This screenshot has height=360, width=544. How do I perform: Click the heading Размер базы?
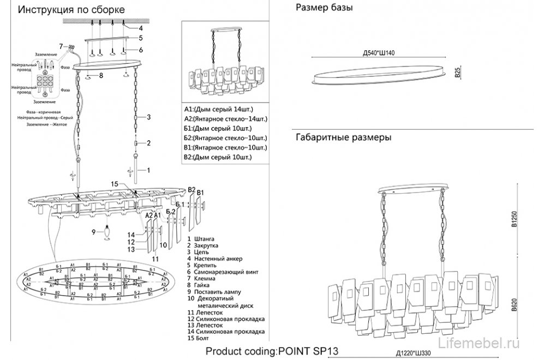coord(324,8)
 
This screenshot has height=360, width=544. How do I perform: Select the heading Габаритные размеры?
coord(343,138)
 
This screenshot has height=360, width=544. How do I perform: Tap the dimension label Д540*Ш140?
coord(378,53)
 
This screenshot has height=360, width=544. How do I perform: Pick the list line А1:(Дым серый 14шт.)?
coord(215,109)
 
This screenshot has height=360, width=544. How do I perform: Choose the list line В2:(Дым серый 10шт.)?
coord(215,157)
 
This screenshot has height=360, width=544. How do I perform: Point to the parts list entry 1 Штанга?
coord(201,239)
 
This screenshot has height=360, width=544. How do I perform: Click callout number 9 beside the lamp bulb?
coord(94,232)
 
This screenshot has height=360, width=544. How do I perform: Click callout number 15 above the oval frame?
coord(115,184)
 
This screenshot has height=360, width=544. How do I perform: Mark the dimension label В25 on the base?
coord(458,71)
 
